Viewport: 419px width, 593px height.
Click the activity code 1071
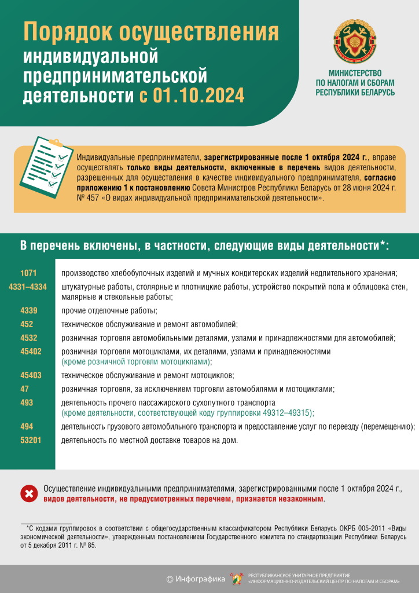click(28, 273)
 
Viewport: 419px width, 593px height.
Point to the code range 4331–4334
click(28, 287)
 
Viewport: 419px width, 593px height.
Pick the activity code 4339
click(28, 310)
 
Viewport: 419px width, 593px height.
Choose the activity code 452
click(27, 324)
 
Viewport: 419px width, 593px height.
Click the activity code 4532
click(28, 338)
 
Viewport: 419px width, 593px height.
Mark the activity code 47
click(24, 389)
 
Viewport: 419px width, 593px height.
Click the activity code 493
click(27, 402)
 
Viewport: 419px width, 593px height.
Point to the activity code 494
click(27, 427)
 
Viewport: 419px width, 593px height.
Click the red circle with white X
click(28, 493)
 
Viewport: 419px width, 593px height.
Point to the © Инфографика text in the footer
click(195, 579)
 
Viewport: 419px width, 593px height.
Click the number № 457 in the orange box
click(87, 198)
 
